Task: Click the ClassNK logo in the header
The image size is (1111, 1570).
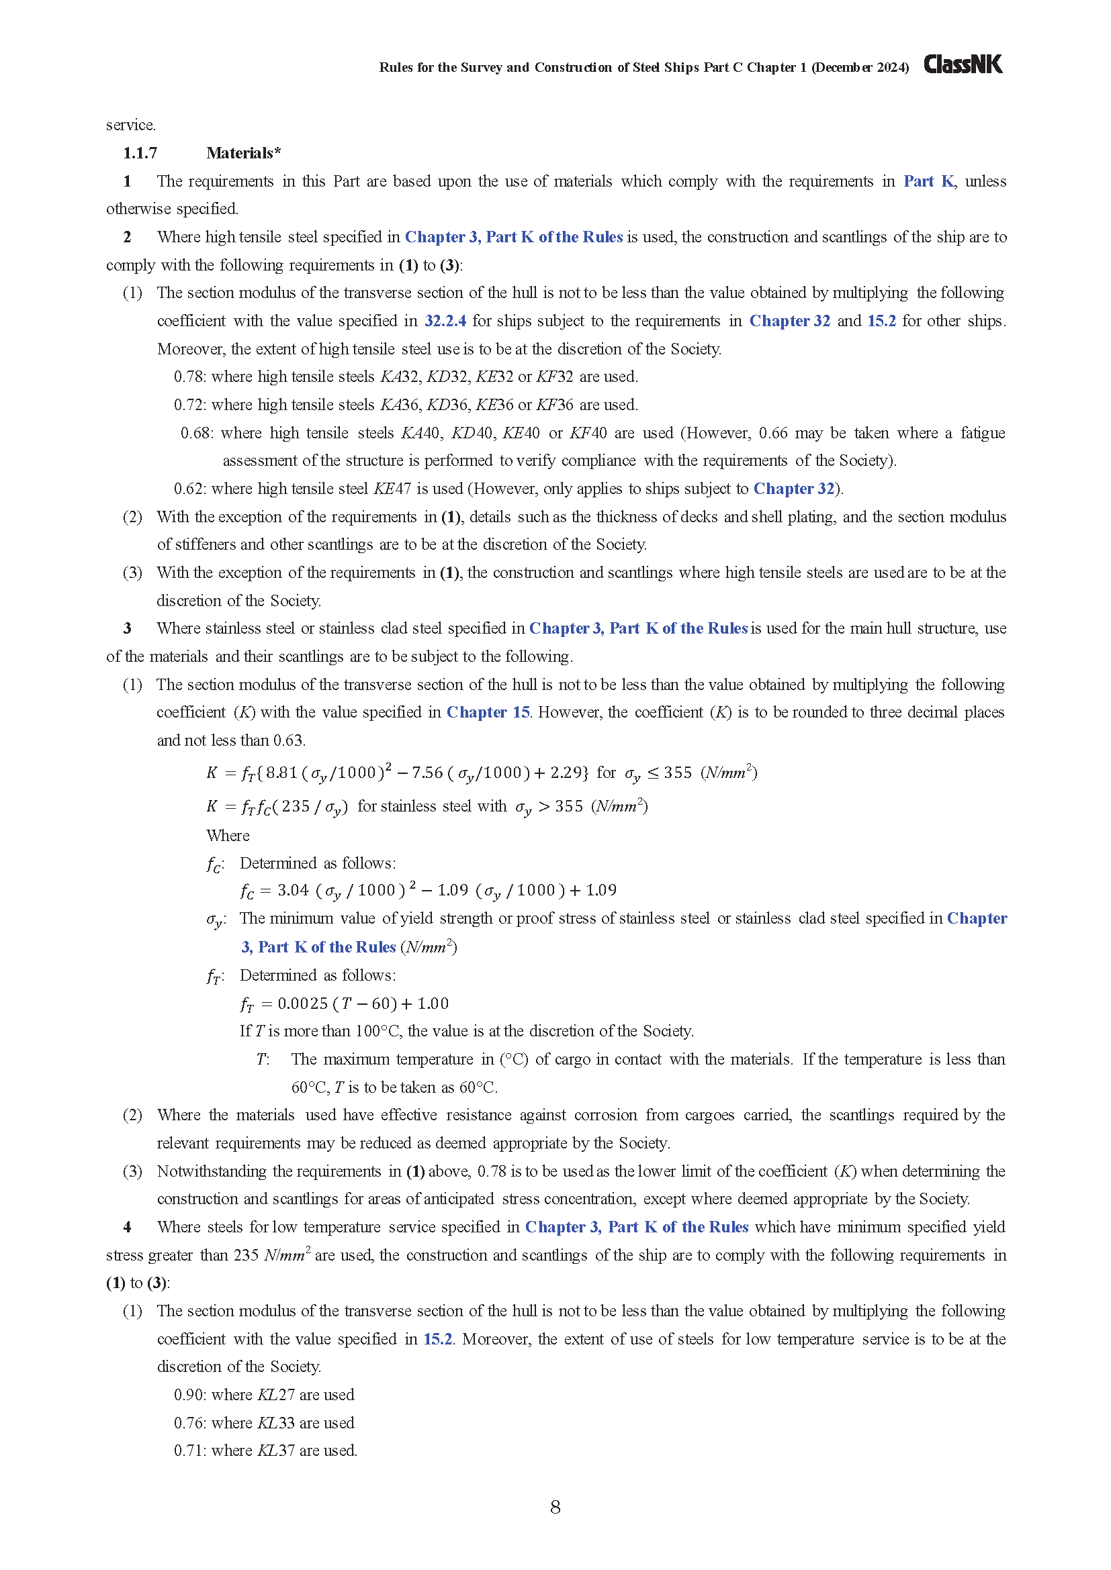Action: pyautogui.click(x=963, y=64)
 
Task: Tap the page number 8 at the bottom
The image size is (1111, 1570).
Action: pyautogui.click(x=555, y=1506)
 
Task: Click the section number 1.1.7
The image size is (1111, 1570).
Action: pyautogui.click(x=140, y=153)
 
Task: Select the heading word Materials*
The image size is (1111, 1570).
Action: pyautogui.click(x=244, y=153)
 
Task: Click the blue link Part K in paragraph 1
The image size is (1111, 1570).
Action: pyautogui.click(x=928, y=181)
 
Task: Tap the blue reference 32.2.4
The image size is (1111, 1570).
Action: pyautogui.click(x=445, y=321)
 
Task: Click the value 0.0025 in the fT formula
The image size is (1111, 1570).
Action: pyautogui.click(x=302, y=1003)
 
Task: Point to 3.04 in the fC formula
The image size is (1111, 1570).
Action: pyautogui.click(x=293, y=890)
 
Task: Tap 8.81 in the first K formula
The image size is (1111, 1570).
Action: pyautogui.click(x=281, y=773)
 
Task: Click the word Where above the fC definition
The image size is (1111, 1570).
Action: pyautogui.click(x=228, y=836)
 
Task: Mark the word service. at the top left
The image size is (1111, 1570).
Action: pyautogui.click(x=131, y=125)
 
